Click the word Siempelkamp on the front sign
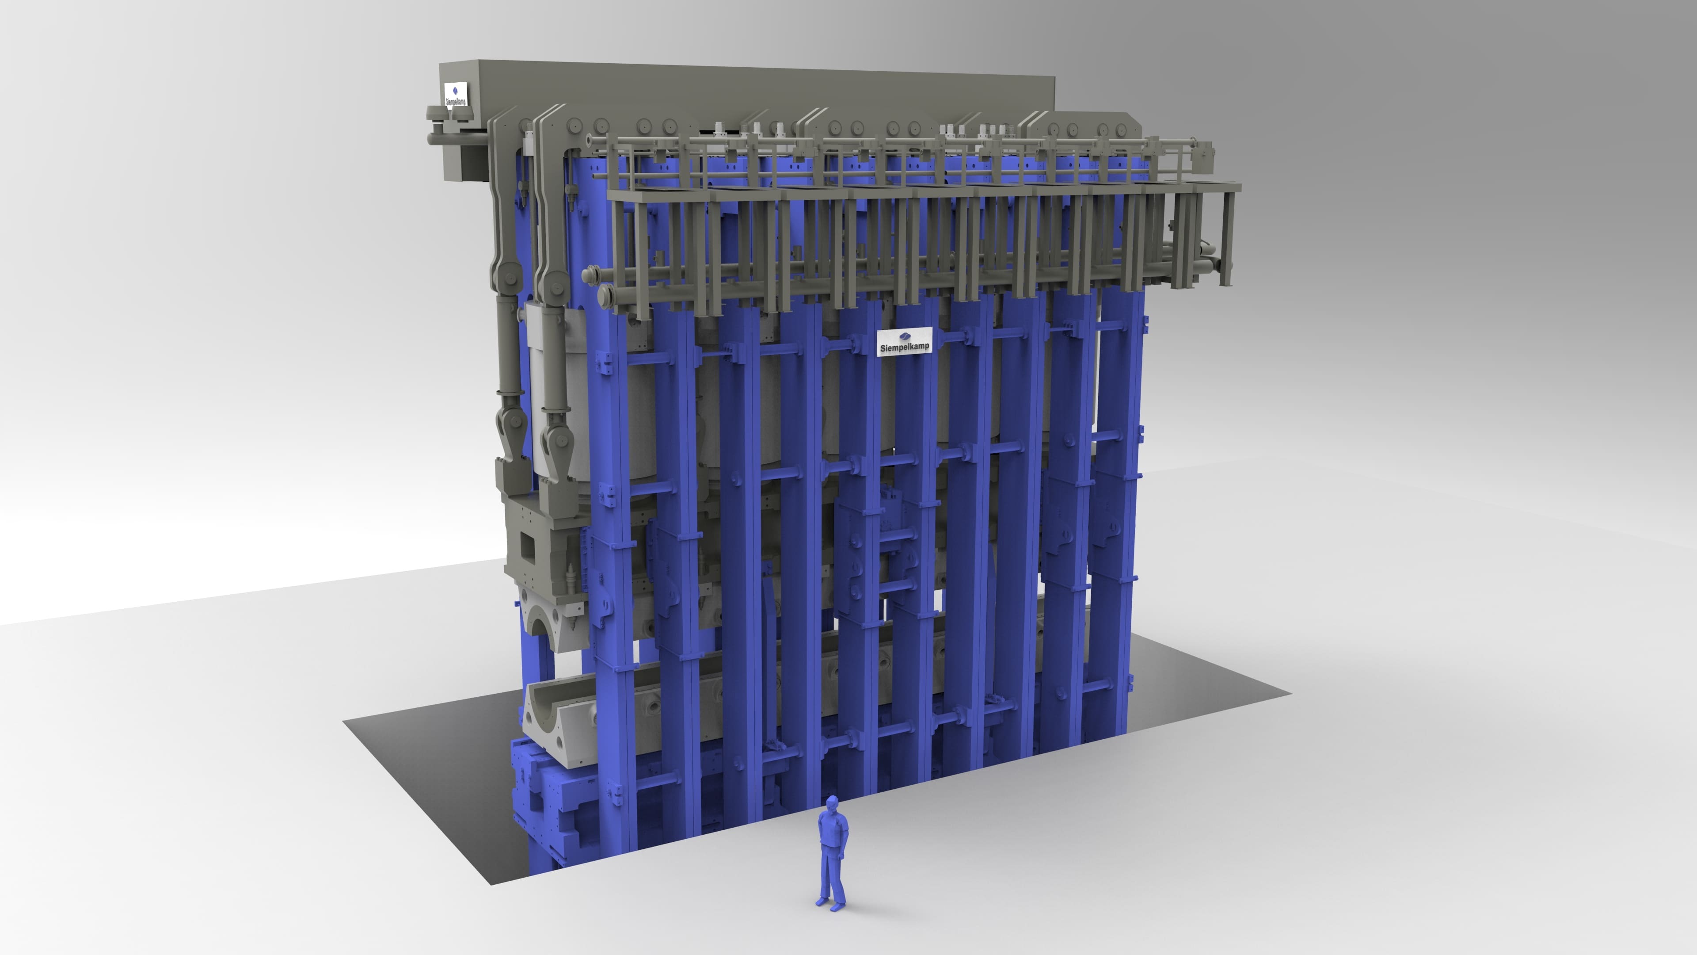click(905, 347)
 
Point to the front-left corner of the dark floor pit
click(491, 884)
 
